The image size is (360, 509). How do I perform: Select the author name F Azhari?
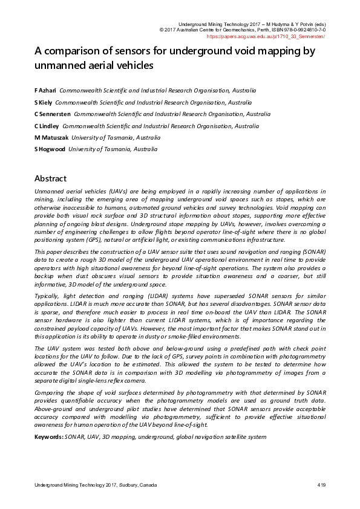pos(45,89)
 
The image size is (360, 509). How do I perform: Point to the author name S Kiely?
pos(44,102)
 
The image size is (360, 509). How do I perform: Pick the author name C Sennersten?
pos(52,114)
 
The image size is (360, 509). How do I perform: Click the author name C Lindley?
pos(47,126)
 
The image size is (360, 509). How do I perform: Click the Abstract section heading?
pos(50,178)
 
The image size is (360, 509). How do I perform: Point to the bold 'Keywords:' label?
pos(48,436)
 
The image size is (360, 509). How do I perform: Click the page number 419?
pos(321,485)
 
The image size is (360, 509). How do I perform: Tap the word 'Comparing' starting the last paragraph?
pos(50,393)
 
